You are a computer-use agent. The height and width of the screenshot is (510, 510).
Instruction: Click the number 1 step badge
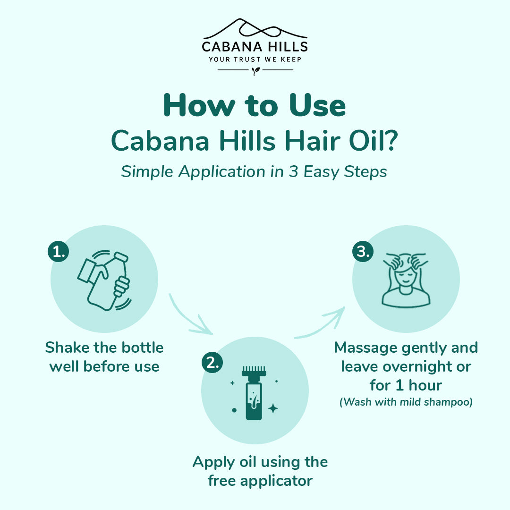coord(59,251)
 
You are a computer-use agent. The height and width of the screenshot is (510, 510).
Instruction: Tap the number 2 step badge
coord(212,362)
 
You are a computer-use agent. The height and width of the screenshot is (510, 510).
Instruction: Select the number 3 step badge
coord(363,251)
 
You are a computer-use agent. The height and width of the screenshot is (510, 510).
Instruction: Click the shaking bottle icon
coord(104,280)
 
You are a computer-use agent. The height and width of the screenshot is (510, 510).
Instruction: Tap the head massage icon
coord(406,280)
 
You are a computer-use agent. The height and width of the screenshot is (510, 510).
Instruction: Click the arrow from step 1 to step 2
coord(188,317)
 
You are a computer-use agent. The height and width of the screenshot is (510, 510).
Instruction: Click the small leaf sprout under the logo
coord(255,71)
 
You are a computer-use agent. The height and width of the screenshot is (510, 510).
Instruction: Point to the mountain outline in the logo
coord(255,29)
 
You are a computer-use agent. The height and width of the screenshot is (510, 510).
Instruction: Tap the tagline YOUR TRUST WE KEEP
coord(255,59)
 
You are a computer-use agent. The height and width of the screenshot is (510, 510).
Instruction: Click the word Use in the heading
coord(317,106)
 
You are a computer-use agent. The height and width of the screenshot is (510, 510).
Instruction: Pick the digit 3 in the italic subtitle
coord(293,171)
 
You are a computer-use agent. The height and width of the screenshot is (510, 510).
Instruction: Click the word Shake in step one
coord(67,348)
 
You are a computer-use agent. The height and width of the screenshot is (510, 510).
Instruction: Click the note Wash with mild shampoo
coord(406,402)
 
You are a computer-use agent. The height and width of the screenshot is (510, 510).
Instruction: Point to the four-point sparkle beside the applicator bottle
coord(273,408)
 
